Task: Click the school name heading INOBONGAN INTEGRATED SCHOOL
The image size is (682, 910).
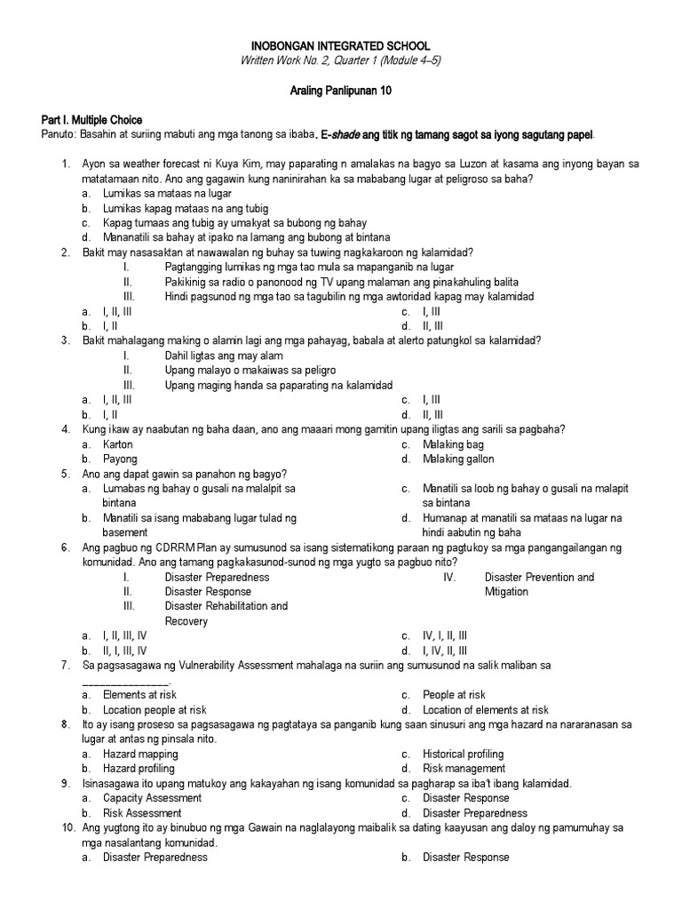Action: click(x=342, y=45)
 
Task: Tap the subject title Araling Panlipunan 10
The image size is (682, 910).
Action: click(x=342, y=91)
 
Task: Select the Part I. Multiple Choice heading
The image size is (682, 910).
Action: click(x=91, y=120)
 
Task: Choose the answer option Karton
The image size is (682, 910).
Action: click(x=118, y=444)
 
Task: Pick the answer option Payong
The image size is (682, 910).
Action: click(x=120, y=459)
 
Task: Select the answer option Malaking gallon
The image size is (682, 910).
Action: click(x=458, y=459)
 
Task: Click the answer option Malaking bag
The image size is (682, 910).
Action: click(x=453, y=444)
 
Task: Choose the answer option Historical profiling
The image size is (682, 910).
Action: click(x=463, y=754)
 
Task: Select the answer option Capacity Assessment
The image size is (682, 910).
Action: click(x=152, y=798)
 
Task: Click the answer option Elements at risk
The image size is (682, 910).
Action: click(x=139, y=695)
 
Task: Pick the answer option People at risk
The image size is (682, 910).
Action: click(x=454, y=695)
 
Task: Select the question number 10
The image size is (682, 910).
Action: click(x=67, y=828)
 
